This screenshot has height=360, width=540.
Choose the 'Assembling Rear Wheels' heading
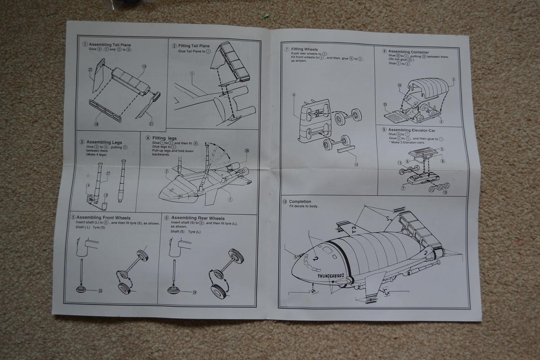(198, 218)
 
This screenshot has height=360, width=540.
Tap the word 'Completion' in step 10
(300, 202)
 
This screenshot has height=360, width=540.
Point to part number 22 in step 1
(90, 70)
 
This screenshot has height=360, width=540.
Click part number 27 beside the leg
(108, 173)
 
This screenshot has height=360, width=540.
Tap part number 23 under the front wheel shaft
(100, 291)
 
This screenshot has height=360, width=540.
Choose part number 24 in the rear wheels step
(194, 292)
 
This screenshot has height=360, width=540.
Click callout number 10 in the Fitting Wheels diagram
(355, 165)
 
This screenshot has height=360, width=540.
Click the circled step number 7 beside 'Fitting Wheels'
(287, 49)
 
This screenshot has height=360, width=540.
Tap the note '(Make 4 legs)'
(95, 155)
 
